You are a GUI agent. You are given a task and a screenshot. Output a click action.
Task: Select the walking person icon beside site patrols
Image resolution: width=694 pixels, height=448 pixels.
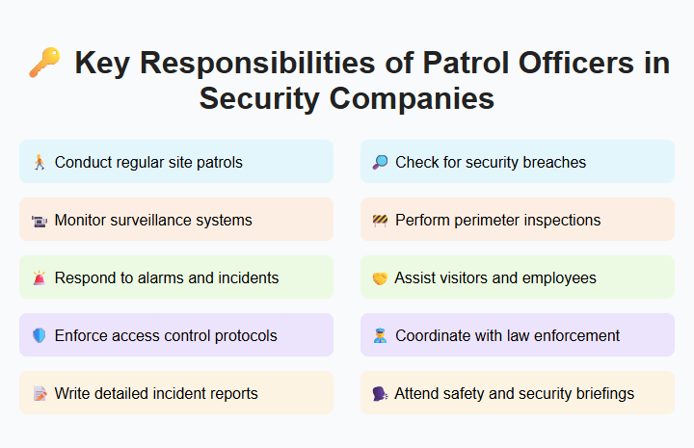point(39,162)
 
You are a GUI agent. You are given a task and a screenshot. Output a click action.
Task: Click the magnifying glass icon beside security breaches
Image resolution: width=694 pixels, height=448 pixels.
point(380,162)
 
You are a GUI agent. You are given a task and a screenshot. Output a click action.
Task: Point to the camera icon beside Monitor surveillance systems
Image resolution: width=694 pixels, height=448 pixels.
point(39,221)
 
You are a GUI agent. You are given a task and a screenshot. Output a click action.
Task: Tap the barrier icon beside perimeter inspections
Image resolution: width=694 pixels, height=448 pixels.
point(380,221)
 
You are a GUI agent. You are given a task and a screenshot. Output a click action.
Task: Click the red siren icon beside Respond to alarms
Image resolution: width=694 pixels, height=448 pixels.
point(39,278)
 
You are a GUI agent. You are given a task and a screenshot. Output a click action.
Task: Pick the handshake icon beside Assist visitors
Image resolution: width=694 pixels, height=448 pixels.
point(380,278)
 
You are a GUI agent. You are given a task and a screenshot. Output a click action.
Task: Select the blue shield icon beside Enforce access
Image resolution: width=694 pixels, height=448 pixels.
point(39,336)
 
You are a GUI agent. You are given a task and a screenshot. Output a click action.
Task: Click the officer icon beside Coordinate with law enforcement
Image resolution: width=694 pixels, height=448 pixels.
point(380,336)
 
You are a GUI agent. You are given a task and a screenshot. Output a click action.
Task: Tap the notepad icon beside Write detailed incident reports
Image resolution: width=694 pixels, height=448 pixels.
point(39,394)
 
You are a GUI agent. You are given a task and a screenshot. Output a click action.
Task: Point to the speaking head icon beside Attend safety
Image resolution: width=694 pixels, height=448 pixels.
point(380,394)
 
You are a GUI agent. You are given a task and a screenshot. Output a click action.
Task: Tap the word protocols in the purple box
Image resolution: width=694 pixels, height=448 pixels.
point(244,335)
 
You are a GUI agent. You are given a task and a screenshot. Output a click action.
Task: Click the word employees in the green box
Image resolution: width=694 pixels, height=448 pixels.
point(561,277)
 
